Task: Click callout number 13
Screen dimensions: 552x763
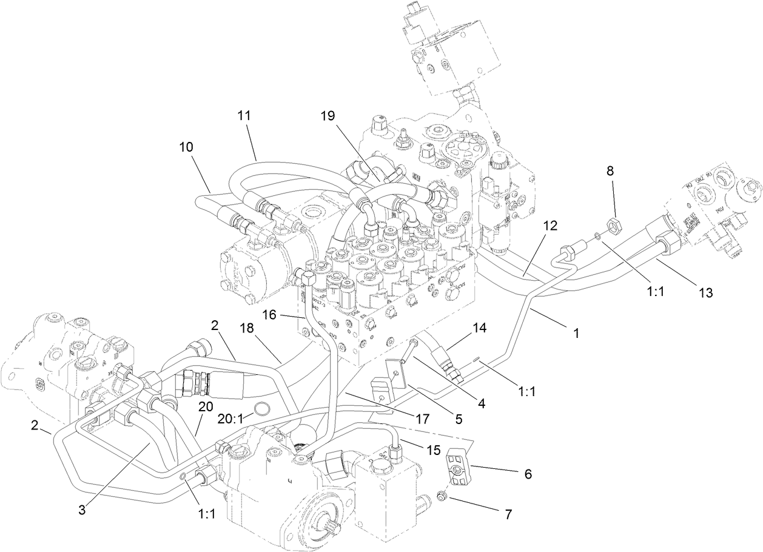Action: click(x=704, y=293)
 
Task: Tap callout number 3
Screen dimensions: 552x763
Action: click(x=81, y=511)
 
